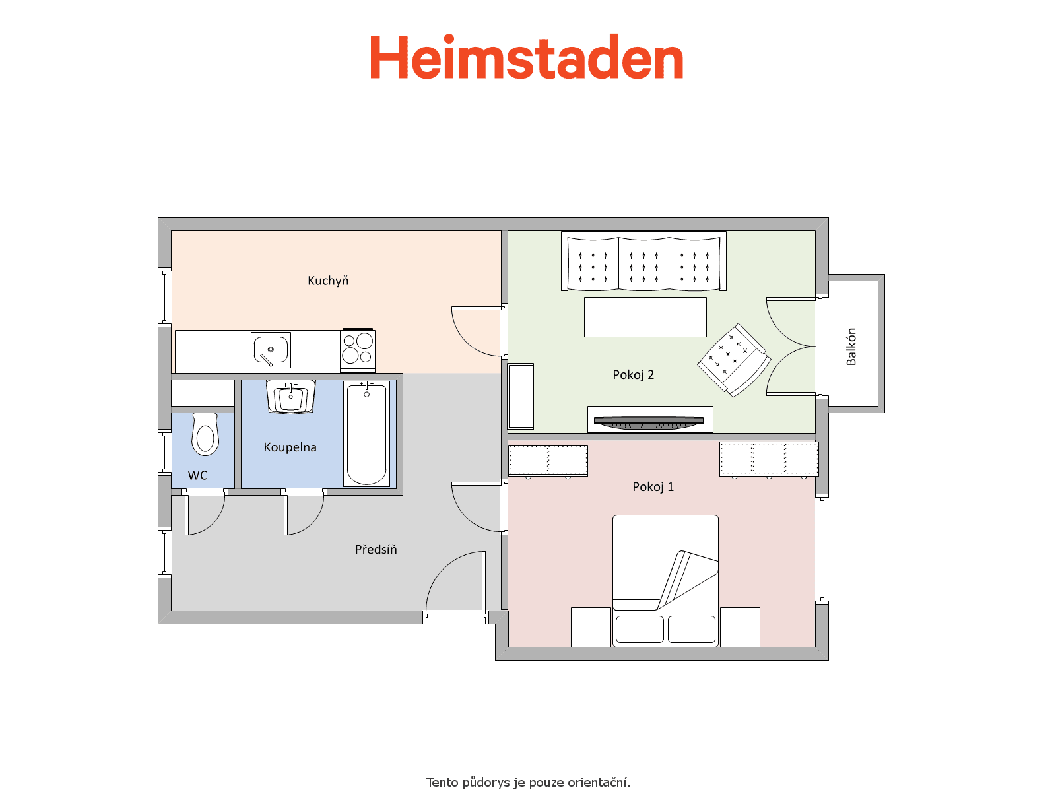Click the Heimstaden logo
tap(526, 57)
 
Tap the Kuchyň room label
tap(327, 280)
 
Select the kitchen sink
tap(271, 350)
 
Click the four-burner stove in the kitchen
tap(358, 349)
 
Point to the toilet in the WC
tap(205, 434)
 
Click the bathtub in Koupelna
tap(366, 434)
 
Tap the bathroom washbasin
tap(290, 397)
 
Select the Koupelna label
tap(290, 447)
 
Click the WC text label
tap(197, 475)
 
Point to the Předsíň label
tap(376, 548)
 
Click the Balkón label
tap(851, 346)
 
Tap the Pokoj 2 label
tap(633, 375)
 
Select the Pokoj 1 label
tap(653, 486)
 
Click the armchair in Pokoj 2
tap(734, 360)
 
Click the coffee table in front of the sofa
tap(645, 317)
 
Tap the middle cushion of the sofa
tap(643, 263)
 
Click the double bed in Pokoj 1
tap(665, 580)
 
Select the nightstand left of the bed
tap(591, 626)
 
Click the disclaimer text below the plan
tap(528, 782)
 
